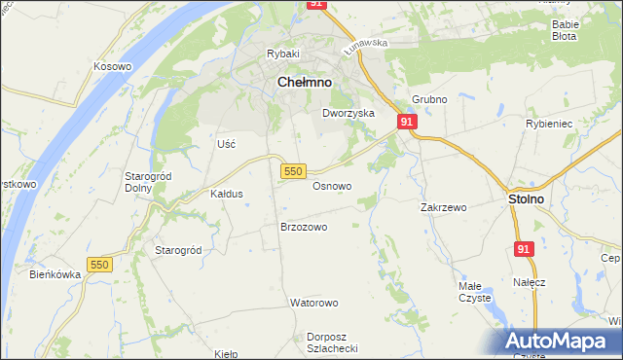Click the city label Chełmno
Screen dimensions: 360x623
click(305, 84)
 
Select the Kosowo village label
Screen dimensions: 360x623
click(112, 66)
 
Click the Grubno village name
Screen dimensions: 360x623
click(428, 100)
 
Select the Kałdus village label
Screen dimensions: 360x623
click(227, 194)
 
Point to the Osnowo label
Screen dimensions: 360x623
click(332, 186)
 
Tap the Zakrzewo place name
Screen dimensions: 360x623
click(444, 207)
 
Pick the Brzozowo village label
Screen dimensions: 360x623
click(304, 227)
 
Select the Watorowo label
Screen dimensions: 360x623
click(312, 303)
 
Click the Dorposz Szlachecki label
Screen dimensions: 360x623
click(333, 342)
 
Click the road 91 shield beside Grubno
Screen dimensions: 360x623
click(407, 122)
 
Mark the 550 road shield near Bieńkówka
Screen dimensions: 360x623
click(99, 265)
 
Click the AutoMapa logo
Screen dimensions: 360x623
click(558, 341)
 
